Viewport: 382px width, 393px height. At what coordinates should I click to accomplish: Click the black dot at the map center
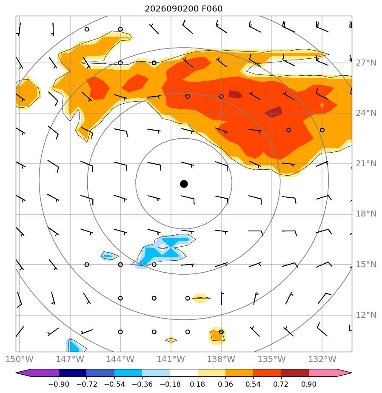click(x=184, y=184)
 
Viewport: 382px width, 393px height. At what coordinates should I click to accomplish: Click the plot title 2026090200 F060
click(x=184, y=9)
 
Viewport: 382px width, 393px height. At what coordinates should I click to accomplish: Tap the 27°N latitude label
click(x=366, y=63)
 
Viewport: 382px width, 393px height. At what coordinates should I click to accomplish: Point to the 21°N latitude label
click(x=366, y=163)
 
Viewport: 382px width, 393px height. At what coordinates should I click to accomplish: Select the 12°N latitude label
click(x=366, y=315)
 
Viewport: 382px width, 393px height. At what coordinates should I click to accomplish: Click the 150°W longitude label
click(x=19, y=359)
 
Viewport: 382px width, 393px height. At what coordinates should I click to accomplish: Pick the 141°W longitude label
click(x=171, y=359)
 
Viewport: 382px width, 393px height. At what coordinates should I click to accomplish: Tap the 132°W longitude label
click(x=322, y=359)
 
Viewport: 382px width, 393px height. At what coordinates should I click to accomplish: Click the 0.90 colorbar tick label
click(x=308, y=384)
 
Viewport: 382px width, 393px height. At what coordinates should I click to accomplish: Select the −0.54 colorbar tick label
click(x=114, y=384)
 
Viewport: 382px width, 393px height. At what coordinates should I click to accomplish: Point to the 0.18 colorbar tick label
click(x=197, y=384)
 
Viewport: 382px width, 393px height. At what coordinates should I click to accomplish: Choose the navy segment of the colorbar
click(x=72, y=373)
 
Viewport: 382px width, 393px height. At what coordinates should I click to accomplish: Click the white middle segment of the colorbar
click(x=184, y=373)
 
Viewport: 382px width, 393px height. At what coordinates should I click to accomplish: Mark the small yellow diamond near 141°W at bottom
click(x=171, y=340)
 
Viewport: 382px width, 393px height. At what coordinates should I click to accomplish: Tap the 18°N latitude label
click(x=366, y=214)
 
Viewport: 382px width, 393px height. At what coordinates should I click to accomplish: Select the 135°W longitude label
click(x=272, y=359)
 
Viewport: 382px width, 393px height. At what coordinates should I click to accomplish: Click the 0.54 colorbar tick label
click(x=253, y=384)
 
